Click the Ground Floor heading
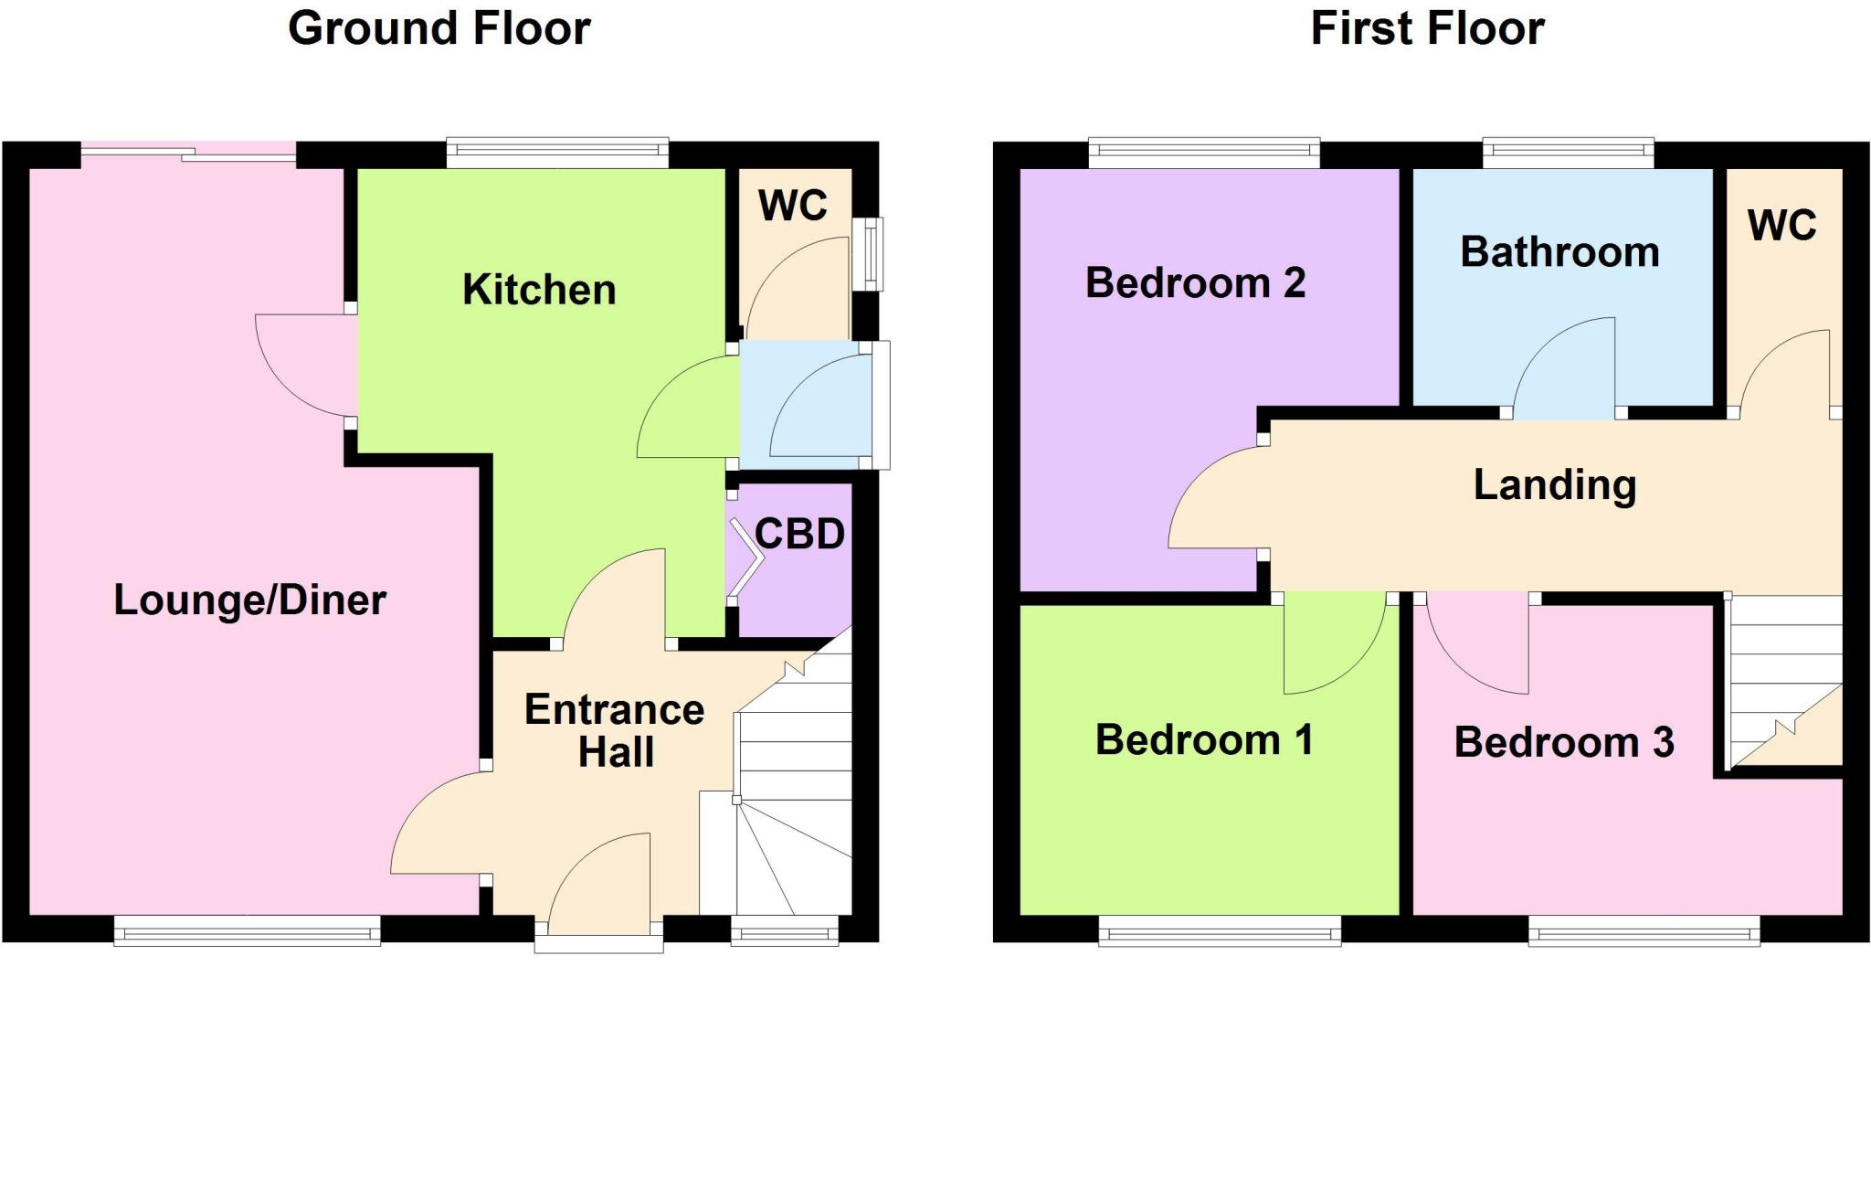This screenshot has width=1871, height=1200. (439, 28)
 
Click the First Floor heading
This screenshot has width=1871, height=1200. (1427, 28)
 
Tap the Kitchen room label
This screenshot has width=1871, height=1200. (539, 290)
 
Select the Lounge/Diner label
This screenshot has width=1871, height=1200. (249, 600)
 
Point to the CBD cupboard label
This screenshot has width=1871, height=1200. (799, 535)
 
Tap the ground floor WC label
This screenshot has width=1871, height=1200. (792, 206)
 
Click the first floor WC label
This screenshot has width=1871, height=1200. (1781, 226)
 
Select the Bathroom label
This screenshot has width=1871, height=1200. (1559, 252)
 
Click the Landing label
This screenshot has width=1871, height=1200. (1554, 484)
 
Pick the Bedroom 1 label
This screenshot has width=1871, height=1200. (1204, 739)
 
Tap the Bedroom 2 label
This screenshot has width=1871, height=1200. (1195, 283)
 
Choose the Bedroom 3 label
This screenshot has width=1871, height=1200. (1563, 742)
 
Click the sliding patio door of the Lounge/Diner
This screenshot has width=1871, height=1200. (189, 155)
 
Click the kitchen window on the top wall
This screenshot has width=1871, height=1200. (557, 154)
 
